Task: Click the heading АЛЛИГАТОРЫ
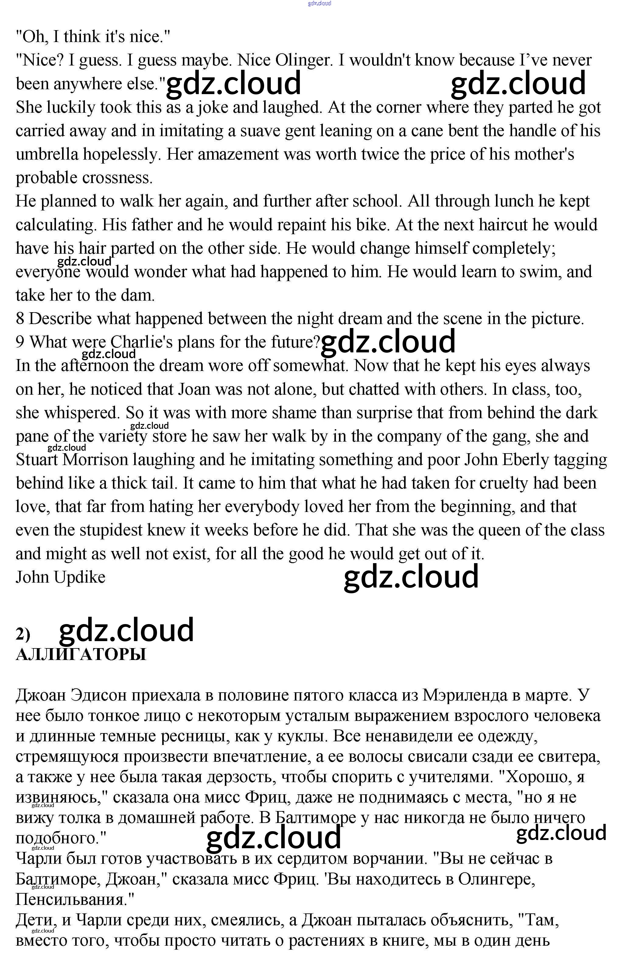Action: tap(81, 655)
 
